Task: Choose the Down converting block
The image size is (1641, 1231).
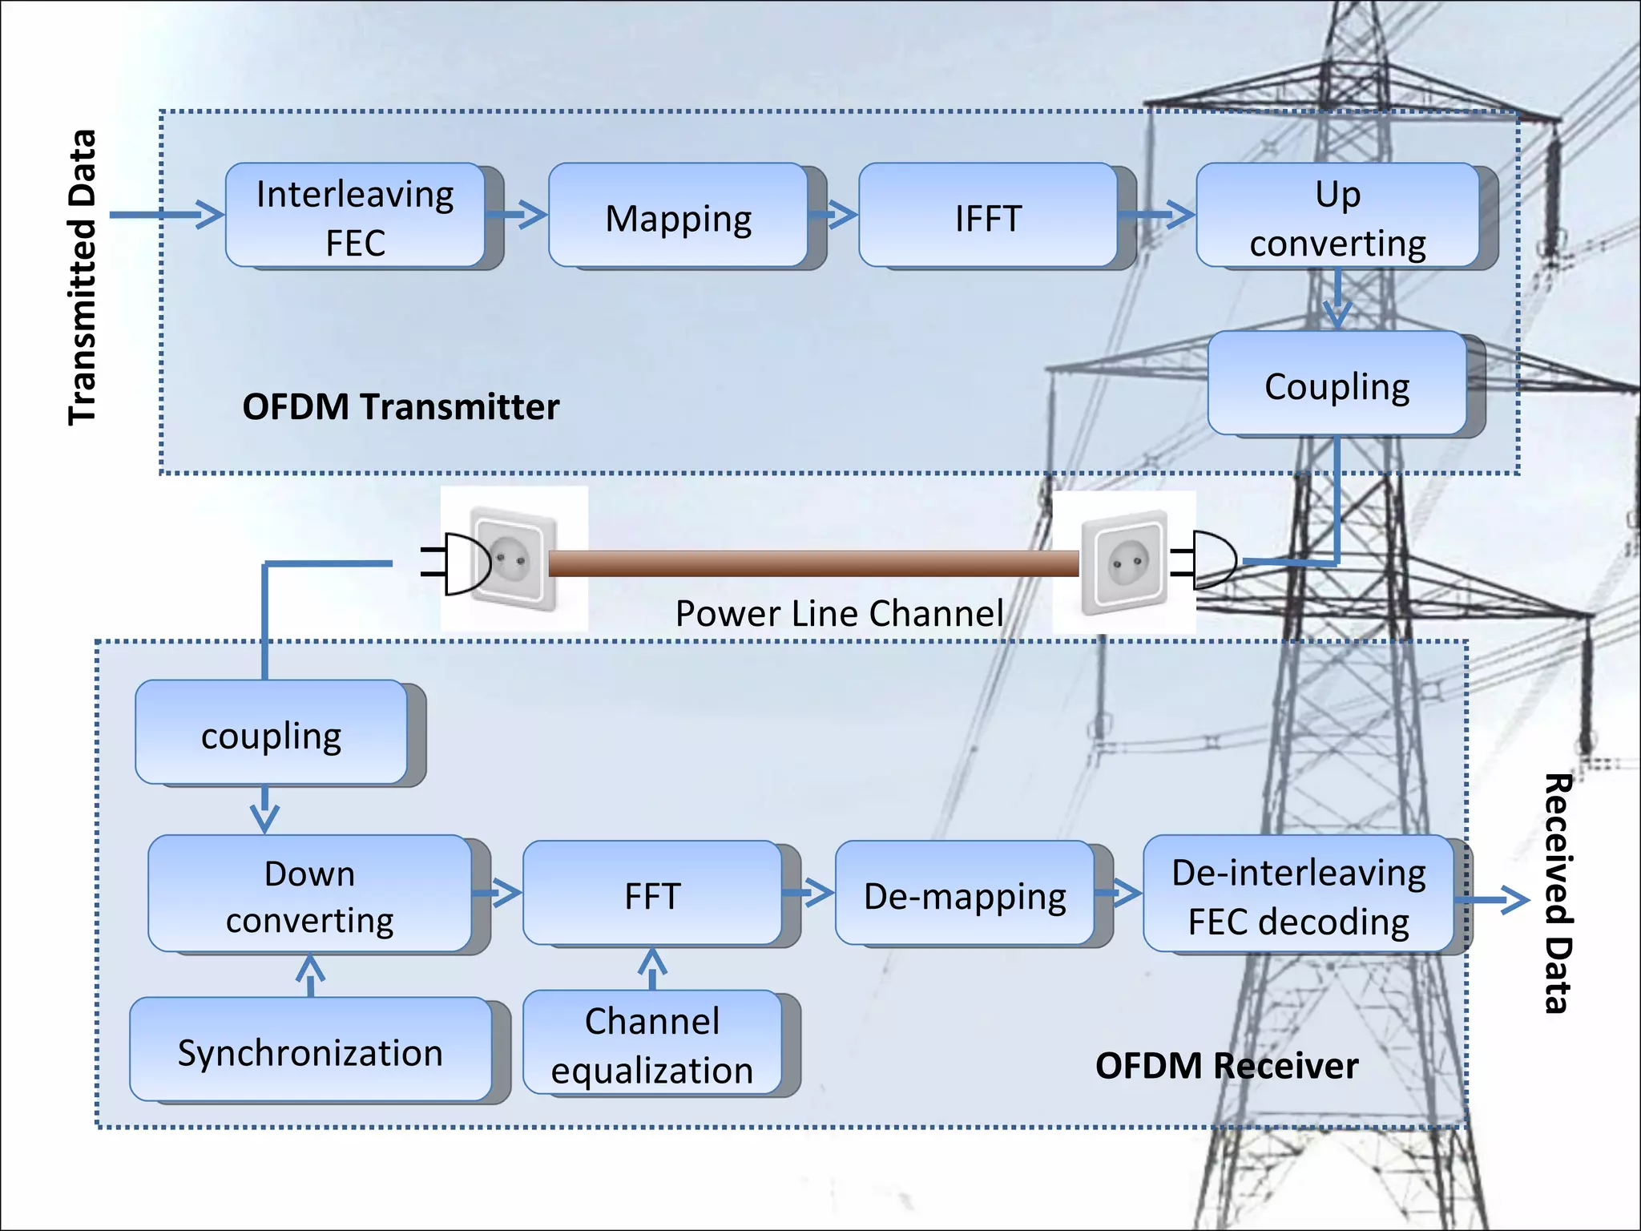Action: tap(309, 894)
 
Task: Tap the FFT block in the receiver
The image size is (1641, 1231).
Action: tap(651, 893)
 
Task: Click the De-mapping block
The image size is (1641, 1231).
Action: tap(964, 893)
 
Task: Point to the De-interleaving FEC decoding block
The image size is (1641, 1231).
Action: tap(1298, 894)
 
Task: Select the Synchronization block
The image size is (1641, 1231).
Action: tap(310, 1049)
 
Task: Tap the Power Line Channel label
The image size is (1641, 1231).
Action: tap(839, 613)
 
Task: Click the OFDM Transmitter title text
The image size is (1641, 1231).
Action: tap(401, 406)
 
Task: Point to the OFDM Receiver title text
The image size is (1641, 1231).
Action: tap(1226, 1065)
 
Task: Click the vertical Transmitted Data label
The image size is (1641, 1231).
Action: tap(82, 276)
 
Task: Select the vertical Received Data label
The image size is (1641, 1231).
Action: tap(1558, 894)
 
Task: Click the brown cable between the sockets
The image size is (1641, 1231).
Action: tap(813, 563)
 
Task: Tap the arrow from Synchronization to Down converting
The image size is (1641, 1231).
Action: tap(310, 974)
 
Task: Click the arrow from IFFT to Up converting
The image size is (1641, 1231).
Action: tap(1156, 214)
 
